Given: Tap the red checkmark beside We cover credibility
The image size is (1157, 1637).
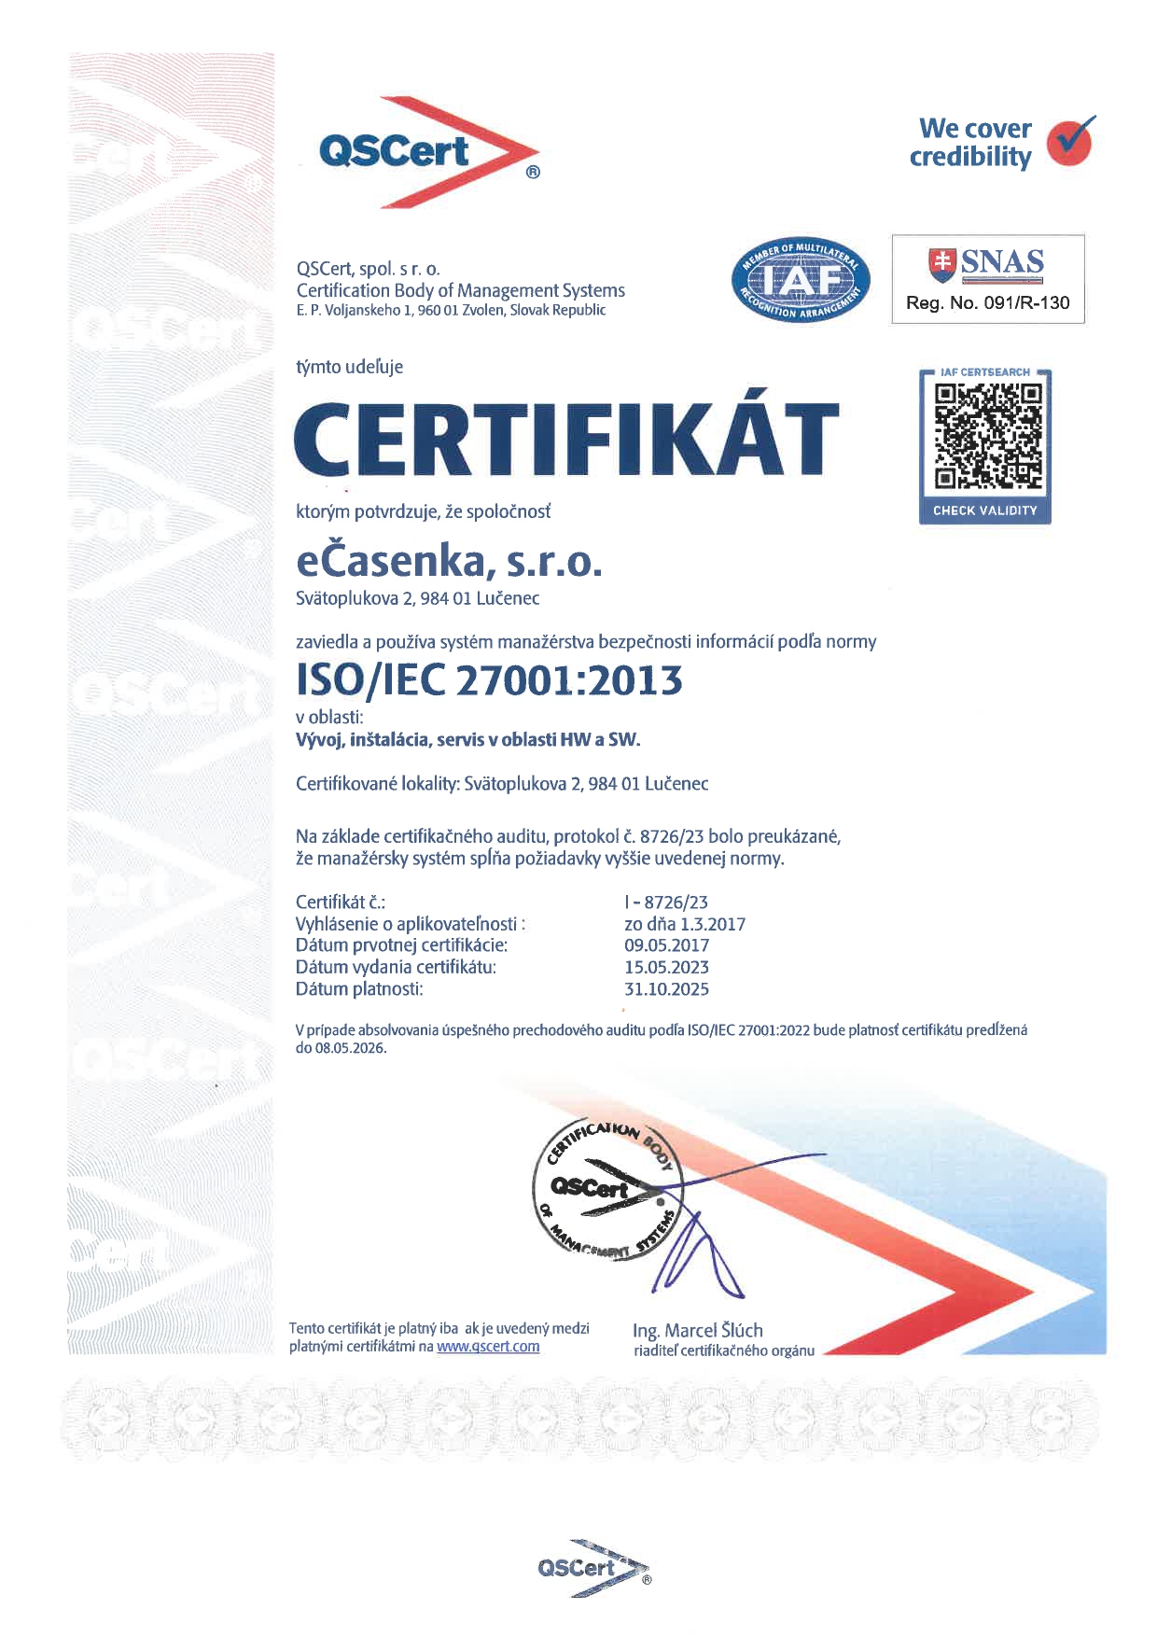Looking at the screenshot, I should point(1069,142).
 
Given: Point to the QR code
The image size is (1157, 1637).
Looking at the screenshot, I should point(985,437).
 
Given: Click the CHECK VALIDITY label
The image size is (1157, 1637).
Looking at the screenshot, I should point(985,511).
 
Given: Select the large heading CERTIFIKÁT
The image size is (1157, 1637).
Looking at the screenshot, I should point(566,440).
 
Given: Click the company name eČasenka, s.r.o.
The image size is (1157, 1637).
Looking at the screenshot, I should point(449,562).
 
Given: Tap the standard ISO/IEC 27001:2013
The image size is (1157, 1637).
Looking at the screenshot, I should point(489,680).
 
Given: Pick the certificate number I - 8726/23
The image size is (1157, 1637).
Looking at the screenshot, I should point(666,902).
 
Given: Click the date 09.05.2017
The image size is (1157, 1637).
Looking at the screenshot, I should point(666,945).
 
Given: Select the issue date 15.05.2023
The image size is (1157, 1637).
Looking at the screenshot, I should point(666,968).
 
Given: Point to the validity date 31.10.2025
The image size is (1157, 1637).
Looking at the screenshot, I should point(666,989).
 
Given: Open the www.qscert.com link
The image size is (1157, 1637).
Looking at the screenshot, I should point(488,1347).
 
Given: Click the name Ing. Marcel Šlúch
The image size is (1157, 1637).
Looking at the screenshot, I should point(697,1331).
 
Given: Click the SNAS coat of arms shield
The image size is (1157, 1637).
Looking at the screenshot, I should point(942,263).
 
